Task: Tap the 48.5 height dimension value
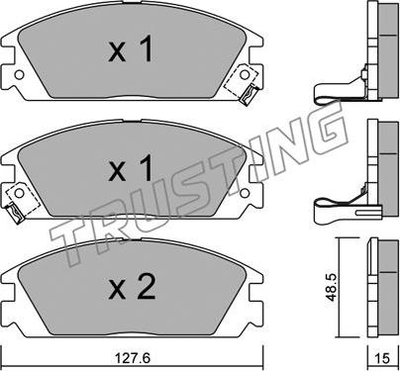tap(331, 287)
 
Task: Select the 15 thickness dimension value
tap(382, 358)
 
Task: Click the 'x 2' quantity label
tap(132, 287)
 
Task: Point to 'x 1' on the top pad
tap(131, 49)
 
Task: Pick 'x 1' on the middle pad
tap(131, 168)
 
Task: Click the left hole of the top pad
tap(20, 75)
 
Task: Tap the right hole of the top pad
tap(245, 75)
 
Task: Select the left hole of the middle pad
tap(20, 194)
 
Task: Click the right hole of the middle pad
tap(245, 193)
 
